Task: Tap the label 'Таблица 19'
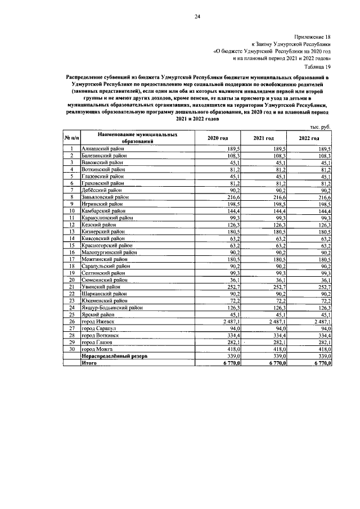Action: tap(317, 66)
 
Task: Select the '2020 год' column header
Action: tap(217, 138)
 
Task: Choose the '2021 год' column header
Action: tap(263, 138)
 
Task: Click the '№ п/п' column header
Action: tap(71, 138)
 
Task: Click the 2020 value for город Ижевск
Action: tap(231, 321)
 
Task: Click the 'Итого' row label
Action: tap(90, 363)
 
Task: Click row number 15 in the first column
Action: tap(71, 245)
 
